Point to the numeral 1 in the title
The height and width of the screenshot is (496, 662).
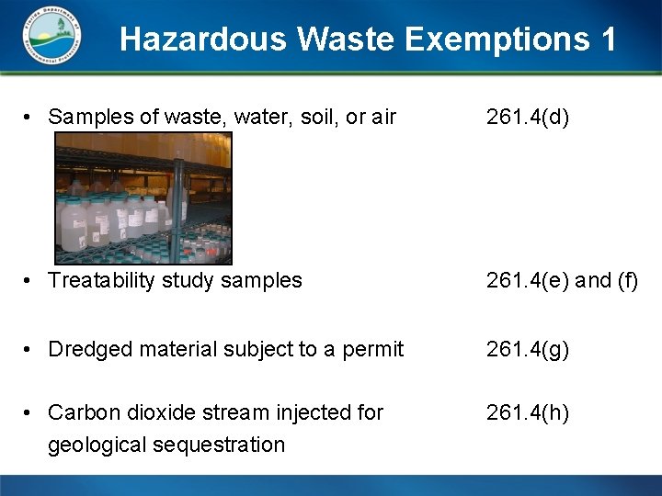click(x=607, y=39)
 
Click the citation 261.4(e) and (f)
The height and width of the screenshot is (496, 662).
click(x=562, y=280)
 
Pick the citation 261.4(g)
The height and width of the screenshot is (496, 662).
click(x=529, y=349)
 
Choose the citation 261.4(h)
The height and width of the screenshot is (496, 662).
click(x=529, y=413)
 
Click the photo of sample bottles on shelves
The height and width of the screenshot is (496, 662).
click(x=143, y=197)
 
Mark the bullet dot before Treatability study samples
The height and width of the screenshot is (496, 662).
click(x=30, y=280)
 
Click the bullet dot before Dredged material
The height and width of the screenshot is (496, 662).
click(x=30, y=349)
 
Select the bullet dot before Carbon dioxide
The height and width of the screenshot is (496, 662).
click(x=30, y=413)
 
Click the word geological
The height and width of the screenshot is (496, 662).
click(x=94, y=445)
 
